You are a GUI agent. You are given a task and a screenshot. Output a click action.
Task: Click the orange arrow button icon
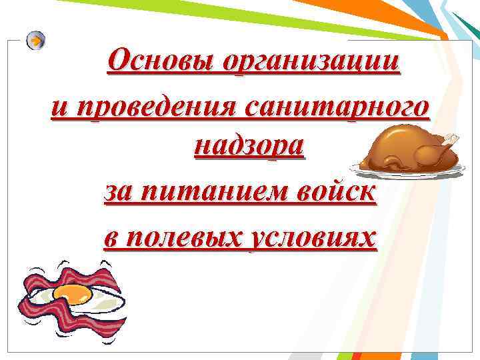click(36, 41)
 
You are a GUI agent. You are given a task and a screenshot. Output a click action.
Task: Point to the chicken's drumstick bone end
click(453, 137)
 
